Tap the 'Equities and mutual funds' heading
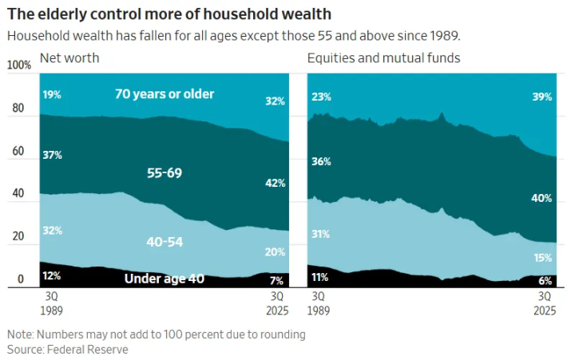(383, 58)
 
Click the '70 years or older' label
(165, 94)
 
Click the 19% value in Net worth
(52, 94)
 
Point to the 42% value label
(274, 183)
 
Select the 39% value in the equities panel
(541, 97)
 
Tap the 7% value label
(277, 280)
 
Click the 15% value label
(541, 257)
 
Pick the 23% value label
(320, 97)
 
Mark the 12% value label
(52, 276)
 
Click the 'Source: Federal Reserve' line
(68, 350)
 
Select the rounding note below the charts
(157, 334)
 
